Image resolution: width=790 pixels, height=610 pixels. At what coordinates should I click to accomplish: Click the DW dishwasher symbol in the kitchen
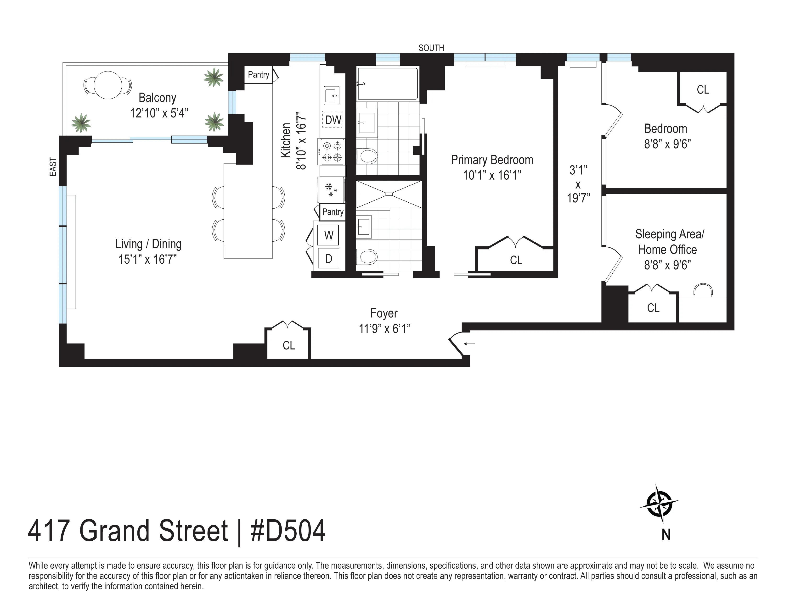click(333, 120)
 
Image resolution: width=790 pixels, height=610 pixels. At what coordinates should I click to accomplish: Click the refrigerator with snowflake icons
click(331, 190)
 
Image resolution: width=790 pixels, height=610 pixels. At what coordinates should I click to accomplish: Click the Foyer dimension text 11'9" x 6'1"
click(384, 328)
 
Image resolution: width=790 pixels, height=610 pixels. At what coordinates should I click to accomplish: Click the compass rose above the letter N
click(659, 503)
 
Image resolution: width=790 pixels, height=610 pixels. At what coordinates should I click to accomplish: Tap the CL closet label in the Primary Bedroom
click(516, 260)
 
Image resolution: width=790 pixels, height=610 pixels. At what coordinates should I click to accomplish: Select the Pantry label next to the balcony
click(258, 75)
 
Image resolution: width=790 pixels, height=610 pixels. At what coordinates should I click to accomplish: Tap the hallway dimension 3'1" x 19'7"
click(578, 184)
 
